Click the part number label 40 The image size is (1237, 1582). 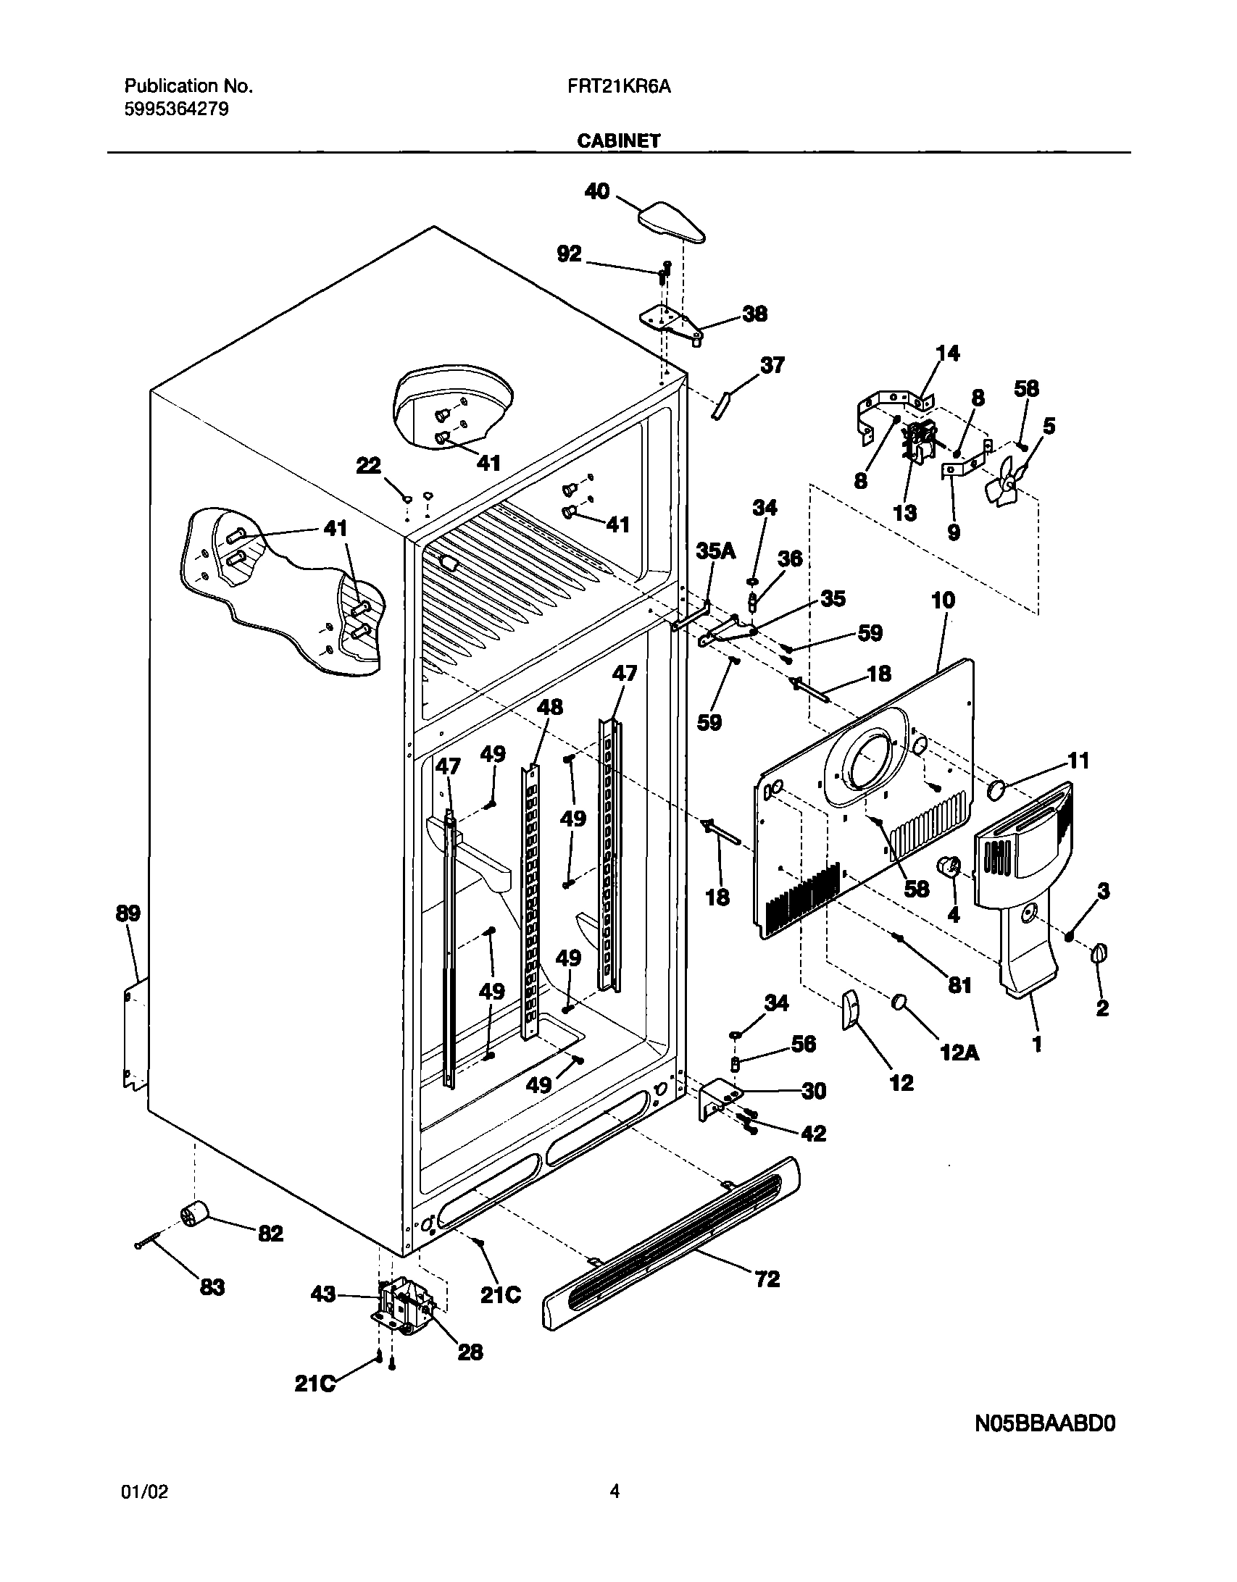(596, 193)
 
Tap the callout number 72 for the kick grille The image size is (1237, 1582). (767, 1279)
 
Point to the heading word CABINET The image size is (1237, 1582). (618, 141)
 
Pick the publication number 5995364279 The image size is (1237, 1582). (177, 109)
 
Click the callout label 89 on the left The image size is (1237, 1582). (128, 913)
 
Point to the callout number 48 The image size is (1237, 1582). (549, 707)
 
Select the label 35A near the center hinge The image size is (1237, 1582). (715, 552)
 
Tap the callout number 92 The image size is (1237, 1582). (569, 254)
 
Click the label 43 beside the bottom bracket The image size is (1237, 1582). (323, 1293)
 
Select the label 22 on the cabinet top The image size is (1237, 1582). (368, 466)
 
